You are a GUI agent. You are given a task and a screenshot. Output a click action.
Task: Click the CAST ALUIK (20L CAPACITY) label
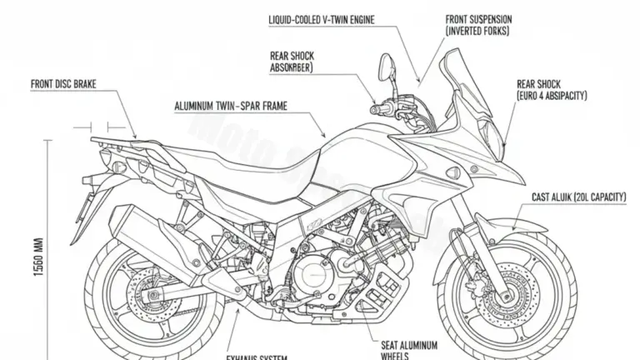click(x=578, y=197)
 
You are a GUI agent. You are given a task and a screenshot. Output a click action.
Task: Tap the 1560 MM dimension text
click(x=40, y=258)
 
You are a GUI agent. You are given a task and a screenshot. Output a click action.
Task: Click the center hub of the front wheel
click(x=504, y=293)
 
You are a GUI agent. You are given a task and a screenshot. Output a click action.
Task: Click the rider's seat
click(x=242, y=158)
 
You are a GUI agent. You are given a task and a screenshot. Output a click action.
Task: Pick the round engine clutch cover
click(x=315, y=271)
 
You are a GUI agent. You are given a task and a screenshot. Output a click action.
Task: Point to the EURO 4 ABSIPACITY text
click(x=551, y=96)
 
